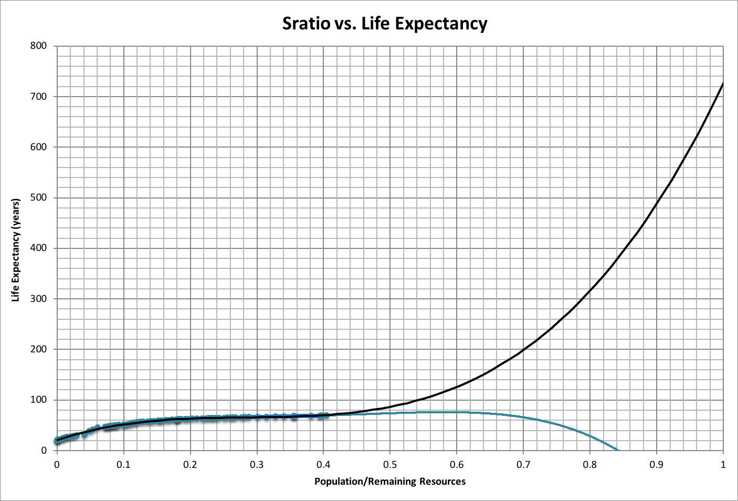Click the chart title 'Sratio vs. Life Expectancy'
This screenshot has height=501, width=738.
click(x=385, y=24)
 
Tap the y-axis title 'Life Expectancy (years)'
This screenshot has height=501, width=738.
click(x=16, y=250)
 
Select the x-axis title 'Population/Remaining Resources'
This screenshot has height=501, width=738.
click(x=389, y=481)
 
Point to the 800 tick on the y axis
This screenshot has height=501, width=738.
click(x=39, y=46)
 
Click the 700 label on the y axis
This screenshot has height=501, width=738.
click(x=39, y=97)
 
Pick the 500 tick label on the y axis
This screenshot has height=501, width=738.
click(x=39, y=197)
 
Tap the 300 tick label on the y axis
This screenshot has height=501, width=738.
click(x=39, y=299)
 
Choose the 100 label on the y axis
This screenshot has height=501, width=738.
click(x=39, y=400)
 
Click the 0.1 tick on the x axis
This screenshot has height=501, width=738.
click(x=123, y=465)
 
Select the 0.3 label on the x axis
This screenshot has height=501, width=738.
click(x=257, y=465)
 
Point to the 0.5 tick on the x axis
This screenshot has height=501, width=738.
click(x=390, y=465)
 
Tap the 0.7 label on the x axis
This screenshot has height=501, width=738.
click(x=523, y=465)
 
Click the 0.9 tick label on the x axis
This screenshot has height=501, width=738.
click(x=657, y=465)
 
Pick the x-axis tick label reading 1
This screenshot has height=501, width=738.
click(x=723, y=465)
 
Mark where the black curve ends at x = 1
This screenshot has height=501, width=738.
click(x=723, y=83)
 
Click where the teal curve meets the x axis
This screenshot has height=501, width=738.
click(x=617, y=450)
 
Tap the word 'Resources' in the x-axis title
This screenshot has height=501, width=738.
click(x=442, y=481)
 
